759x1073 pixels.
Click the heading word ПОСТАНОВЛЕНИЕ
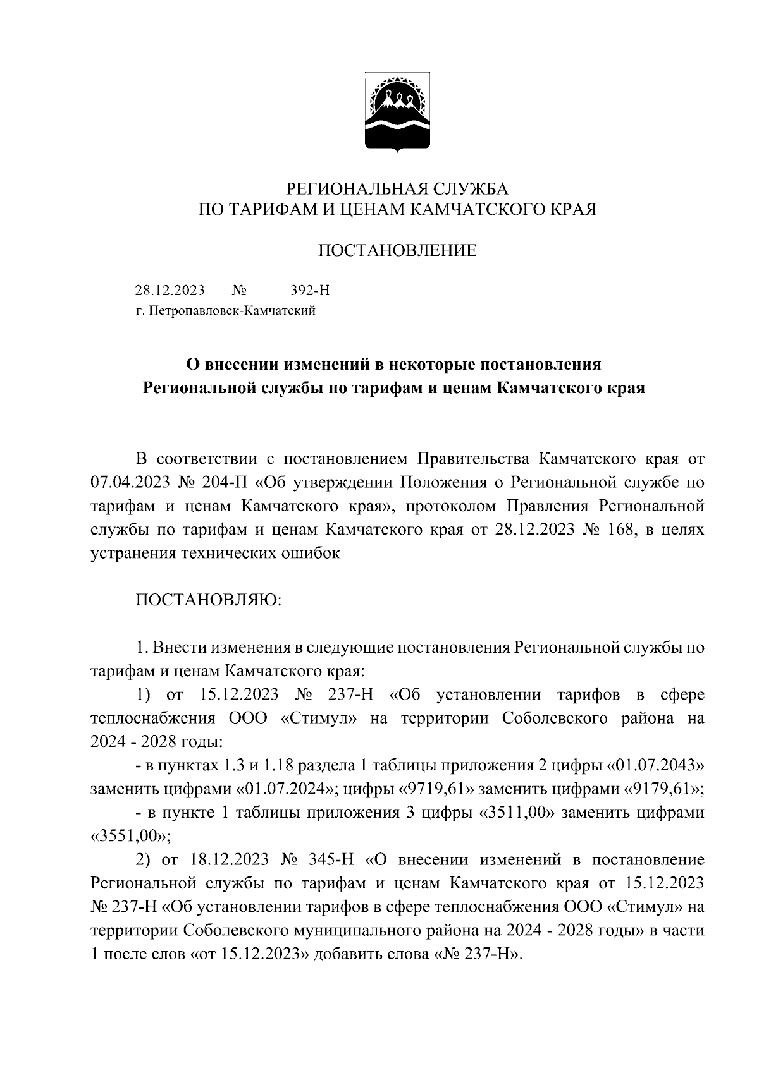[x=397, y=251]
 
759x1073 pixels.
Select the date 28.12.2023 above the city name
[x=170, y=290]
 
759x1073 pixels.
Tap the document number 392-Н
[x=310, y=290]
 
